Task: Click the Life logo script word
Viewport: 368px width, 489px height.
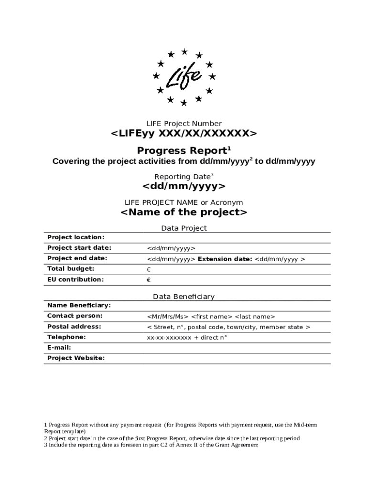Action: click(184, 77)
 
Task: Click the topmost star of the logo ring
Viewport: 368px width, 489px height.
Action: click(184, 51)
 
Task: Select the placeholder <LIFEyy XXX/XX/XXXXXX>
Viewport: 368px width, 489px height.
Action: click(184, 133)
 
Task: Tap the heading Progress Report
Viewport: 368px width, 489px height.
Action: click(182, 150)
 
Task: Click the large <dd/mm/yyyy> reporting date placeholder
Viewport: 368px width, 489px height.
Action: click(184, 186)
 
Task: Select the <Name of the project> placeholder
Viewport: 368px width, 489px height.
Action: click(184, 212)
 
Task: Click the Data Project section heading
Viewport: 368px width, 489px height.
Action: click(184, 228)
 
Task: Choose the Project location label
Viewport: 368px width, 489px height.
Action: click(76, 237)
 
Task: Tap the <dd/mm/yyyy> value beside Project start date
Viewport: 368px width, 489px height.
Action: click(171, 248)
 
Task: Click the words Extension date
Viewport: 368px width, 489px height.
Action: click(225, 259)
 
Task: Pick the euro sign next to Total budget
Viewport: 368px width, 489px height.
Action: click(149, 269)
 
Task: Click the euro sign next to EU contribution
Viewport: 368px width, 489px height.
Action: click(149, 280)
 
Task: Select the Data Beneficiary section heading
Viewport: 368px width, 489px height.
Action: click(184, 297)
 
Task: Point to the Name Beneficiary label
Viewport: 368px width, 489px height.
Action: click(79, 305)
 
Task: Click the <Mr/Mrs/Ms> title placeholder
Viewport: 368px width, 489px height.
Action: click(167, 316)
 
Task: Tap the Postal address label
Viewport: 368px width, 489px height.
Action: click(74, 327)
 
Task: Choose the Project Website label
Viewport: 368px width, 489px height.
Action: click(76, 358)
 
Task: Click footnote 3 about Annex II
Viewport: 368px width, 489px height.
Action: click(151, 445)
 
